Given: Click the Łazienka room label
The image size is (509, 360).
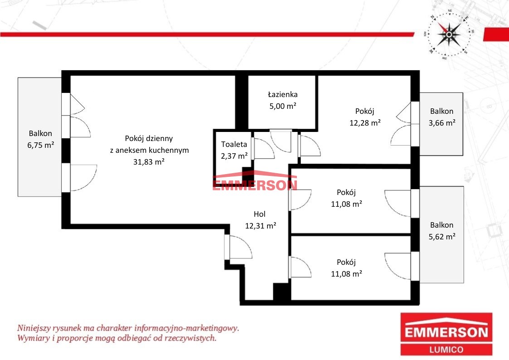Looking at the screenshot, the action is click(282, 94).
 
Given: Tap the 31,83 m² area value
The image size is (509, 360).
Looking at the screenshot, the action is click(149, 161).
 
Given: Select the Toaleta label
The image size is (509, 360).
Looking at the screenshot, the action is click(234, 144).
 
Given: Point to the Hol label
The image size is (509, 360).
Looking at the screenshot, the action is click(259, 214).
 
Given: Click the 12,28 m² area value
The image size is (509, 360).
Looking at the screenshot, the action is click(365, 123).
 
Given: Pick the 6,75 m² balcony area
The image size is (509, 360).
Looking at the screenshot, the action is click(41, 145).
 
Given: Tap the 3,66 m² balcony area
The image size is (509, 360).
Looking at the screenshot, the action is click(442, 123).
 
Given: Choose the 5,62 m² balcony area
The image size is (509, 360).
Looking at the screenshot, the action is click(442, 237).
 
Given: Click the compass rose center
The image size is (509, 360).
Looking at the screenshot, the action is click(449, 34).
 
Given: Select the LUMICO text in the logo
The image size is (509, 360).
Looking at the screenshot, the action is click(446, 350).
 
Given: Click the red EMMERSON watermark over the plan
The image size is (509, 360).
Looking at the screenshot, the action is click(255, 185).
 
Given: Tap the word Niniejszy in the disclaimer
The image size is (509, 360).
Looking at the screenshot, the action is click(34, 328).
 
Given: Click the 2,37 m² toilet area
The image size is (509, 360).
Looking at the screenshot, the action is click(234, 156).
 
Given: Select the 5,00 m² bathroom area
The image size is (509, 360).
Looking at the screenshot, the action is click(282, 106).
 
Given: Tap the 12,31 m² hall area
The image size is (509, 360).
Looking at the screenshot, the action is click(260, 226).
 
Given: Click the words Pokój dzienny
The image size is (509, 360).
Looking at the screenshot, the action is click(149, 139).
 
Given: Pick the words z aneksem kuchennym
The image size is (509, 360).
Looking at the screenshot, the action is click(149, 150).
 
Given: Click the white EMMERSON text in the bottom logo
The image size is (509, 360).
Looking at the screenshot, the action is click(446, 333).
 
